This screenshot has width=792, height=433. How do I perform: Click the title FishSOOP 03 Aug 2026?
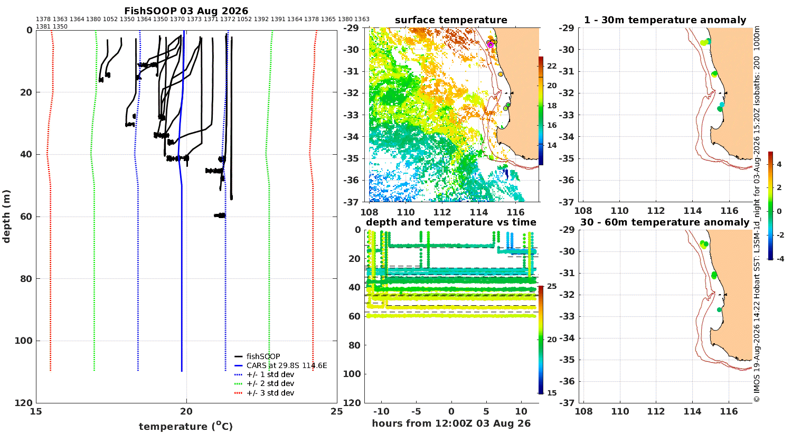click(x=186, y=11)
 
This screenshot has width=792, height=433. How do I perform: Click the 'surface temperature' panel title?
click(x=451, y=20)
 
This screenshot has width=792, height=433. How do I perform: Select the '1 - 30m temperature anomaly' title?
click(x=665, y=20)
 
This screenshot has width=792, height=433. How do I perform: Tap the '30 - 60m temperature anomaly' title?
click(x=665, y=222)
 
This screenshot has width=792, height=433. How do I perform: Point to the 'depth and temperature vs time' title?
click(x=451, y=222)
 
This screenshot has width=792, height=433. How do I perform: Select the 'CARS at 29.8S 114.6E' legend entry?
click(x=280, y=365)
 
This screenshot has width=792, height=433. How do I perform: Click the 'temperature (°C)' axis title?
click(x=186, y=426)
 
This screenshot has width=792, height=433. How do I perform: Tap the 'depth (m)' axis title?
click(x=6, y=216)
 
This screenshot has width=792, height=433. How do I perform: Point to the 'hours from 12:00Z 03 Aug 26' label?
click(x=451, y=423)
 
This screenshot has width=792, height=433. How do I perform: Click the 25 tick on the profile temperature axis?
click(x=337, y=411)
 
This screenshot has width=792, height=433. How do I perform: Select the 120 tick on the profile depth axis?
click(x=24, y=402)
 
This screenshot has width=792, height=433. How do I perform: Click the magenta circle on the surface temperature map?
click(x=490, y=45)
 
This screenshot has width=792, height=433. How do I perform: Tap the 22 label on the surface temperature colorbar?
click(x=552, y=66)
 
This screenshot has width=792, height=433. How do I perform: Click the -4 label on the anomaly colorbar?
click(x=780, y=259)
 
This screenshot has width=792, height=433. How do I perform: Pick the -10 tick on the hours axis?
click(x=381, y=411)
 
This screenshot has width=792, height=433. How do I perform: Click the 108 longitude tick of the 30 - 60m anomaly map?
click(x=583, y=411)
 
